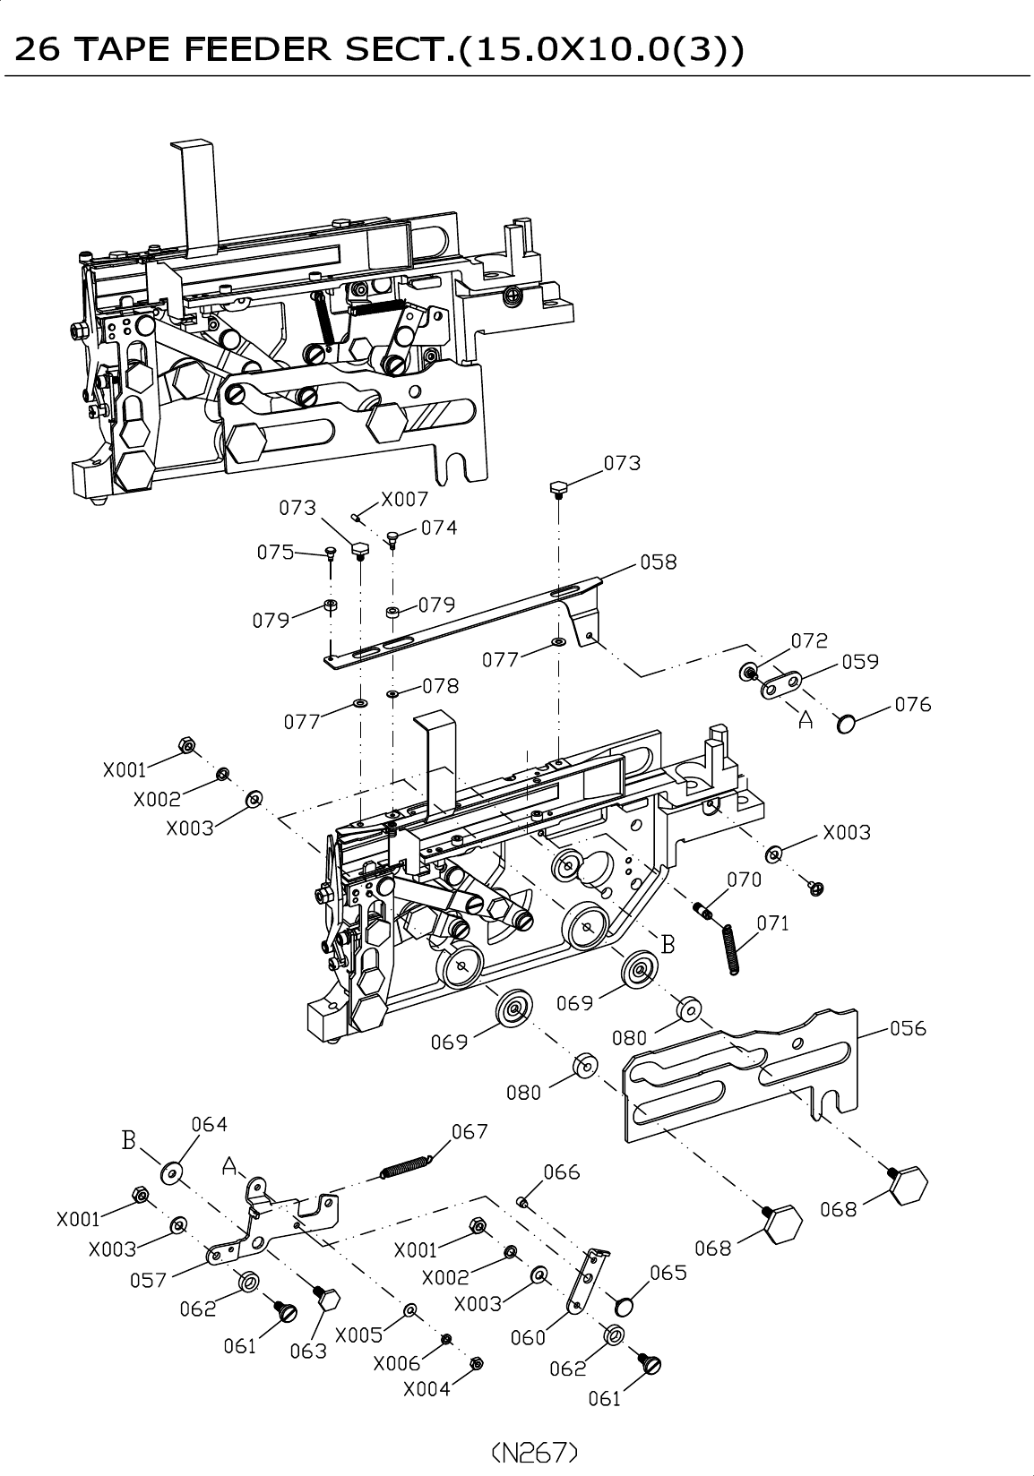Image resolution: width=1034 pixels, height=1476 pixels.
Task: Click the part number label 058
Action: point(658,562)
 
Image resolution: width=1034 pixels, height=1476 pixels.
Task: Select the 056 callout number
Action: point(908,1028)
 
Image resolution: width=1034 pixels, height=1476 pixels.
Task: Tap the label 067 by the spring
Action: point(470,1131)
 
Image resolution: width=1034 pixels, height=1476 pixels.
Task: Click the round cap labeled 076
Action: point(846,725)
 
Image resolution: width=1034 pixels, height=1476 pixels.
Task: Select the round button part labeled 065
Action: point(624,1305)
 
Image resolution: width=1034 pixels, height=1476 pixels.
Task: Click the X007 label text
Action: point(405,500)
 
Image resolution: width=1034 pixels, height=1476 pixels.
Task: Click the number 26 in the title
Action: point(37,49)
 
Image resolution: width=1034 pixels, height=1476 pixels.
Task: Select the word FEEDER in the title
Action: point(257,49)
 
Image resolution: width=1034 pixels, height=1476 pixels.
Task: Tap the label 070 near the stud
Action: point(744,880)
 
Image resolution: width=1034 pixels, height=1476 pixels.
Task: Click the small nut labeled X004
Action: point(477,1362)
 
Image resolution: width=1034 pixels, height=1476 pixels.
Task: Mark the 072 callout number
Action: point(809,640)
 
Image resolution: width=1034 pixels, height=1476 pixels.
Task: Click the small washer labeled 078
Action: point(392,694)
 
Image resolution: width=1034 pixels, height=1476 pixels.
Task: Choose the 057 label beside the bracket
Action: point(148,1280)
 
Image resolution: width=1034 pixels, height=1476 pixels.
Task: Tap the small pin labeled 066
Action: point(521,1203)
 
